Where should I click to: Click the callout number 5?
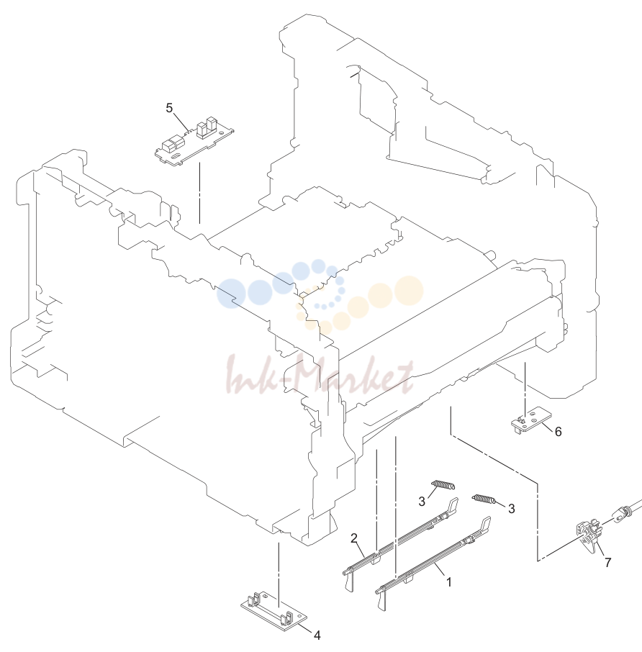pyautogui.click(x=169, y=108)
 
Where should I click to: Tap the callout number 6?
pyautogui.click(x=558, y=432)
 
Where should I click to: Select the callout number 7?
pyautogui.click(x=608, y=563)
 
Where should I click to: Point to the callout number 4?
pyautogui.click(x=317, y=635)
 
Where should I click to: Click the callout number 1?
pyautogui.click(x=448, y=582)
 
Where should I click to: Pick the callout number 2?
pyautogui.click(x=354, y=538)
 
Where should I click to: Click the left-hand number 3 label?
pyautogui.click(x=422, y=502)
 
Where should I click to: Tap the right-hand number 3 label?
pyautogui.click(x=512, y=509)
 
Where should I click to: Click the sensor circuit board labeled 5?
pyautogui.click(x=194, y=141)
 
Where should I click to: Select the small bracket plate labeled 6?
pyautogui.click(x=531, y=420)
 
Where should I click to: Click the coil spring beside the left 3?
pyautogui.click(x=443, y=485)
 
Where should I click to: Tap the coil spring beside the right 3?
pyautogui.click(x=483, y=499)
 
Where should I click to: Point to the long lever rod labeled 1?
pyautogui.click(x=433, y=562)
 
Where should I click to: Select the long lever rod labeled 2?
pyautogui.click(x=400, y=543)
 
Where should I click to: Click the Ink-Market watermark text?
pyautogui.click(x=320, y=374)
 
